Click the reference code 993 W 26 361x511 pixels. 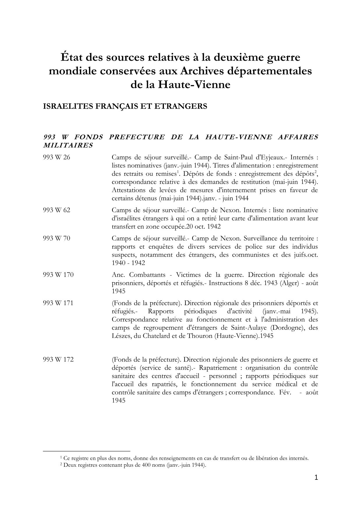[x=56, y=157]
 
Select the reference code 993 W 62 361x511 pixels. [x=56, y=210]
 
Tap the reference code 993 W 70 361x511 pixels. [x=56, y=238]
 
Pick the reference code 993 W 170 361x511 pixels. [x=58, y=275]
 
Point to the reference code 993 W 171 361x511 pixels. [x=58, y=303]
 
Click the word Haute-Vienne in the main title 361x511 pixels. [x=194, y=85]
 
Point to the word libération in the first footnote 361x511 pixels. [x=267, y=458]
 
